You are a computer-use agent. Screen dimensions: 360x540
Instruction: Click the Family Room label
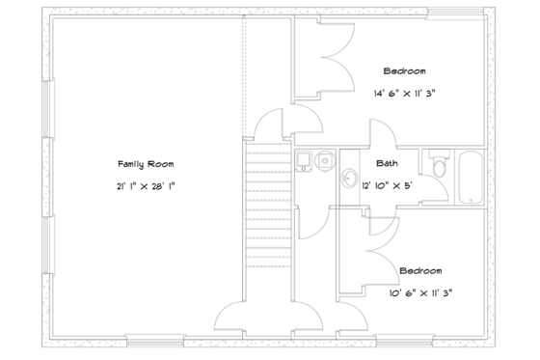pos(145,163)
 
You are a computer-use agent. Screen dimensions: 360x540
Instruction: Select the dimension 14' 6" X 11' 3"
pos(410,94)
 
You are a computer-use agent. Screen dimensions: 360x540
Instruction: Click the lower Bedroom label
pos(420,271)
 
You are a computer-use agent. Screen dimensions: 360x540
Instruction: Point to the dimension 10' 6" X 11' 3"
pos(420,291)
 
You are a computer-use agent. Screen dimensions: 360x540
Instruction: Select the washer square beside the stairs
pos(304,160)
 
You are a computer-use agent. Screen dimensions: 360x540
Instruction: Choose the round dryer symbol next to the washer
pos(324,159)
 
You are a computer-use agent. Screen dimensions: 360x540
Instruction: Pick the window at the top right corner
pos(457,13)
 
